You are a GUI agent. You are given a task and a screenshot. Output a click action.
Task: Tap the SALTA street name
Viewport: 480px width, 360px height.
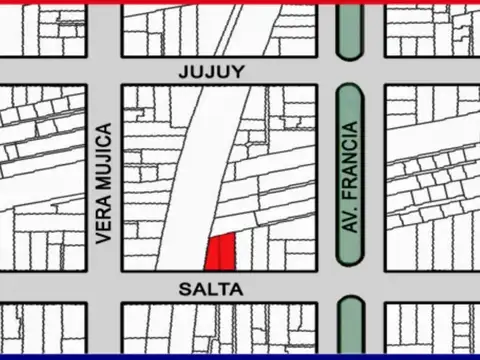tap(211, 288)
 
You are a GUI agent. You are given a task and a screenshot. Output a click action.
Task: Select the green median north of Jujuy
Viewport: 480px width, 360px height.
tap(349, 30)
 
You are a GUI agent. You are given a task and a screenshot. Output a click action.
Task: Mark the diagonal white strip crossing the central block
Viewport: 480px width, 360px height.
tap(195, 180)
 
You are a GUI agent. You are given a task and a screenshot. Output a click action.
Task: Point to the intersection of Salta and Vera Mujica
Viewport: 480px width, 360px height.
tap(103, 288)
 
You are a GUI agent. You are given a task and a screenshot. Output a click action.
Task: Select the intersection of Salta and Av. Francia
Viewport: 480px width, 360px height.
tap(350, 288)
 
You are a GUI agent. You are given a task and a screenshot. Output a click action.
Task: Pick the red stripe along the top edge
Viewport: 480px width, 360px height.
tap(240, 2)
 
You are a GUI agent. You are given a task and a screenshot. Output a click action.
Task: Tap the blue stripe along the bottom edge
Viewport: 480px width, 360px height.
tap(240, 357)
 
